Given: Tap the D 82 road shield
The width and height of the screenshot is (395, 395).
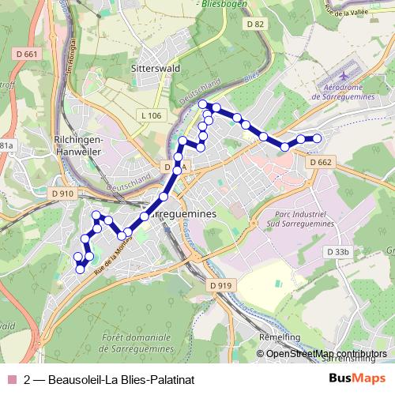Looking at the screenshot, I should [x=254, y=26].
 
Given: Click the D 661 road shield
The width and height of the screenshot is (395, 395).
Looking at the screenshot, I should [x=26, y=54].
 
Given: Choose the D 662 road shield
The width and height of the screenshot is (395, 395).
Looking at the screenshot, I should [x=321, y=162].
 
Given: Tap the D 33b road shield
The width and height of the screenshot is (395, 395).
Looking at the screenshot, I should [x=337, y=251].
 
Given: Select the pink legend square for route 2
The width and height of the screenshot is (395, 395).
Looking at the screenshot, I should [x=11, y=379].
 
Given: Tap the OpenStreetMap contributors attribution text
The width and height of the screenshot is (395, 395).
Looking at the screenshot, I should [x=325, y=353].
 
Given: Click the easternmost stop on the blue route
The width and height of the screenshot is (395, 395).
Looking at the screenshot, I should [x=317, y=138].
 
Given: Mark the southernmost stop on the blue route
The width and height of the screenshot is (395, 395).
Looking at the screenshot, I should [x=80, y=269].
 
